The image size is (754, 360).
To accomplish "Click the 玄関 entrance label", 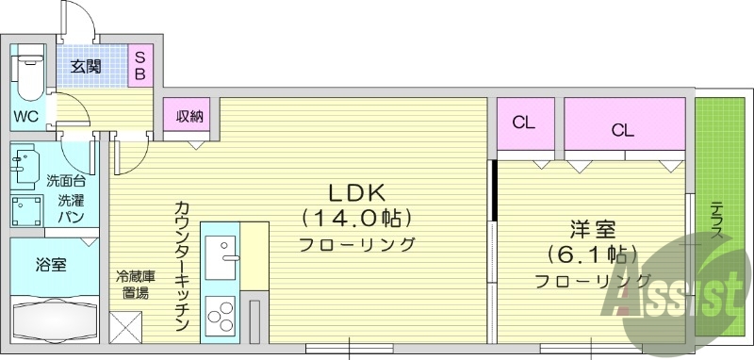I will coord(85,66).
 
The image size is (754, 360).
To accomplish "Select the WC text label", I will coord(25,118).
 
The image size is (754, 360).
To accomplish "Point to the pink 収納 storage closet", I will coord(190,117).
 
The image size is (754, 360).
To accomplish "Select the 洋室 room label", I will coord(592,229).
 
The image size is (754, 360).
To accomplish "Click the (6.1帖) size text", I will coord(592,254).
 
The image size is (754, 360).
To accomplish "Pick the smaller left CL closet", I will coord(524,123).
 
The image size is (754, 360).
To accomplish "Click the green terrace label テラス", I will coord(717,222).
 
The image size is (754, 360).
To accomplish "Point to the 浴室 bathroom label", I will coord(51,265).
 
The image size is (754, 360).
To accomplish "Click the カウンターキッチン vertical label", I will coord(182,266).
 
